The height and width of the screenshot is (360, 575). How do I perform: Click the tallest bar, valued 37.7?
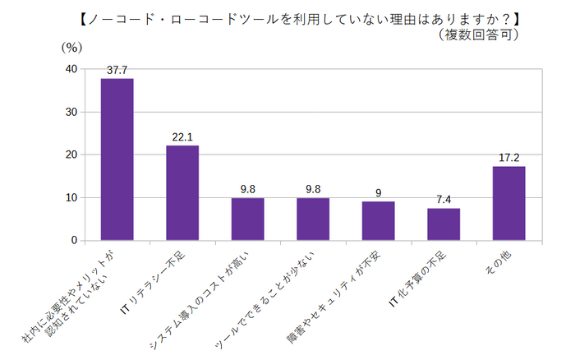pos(117,159)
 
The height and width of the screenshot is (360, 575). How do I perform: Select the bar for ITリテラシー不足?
pos(182,193)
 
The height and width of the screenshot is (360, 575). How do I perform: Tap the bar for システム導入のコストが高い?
pos(247,219)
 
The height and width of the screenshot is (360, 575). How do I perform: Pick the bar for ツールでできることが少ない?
pos(313,219)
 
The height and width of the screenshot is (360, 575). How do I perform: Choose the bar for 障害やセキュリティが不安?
pos(378,221)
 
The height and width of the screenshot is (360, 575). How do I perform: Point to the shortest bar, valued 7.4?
pos(444,224)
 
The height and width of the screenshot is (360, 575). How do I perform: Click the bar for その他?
pos(508,203)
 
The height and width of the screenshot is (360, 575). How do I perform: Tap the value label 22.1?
pos(182,137)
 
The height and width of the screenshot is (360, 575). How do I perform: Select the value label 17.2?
pos(508,158)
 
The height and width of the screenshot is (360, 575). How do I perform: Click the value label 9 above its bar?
pos(378,193)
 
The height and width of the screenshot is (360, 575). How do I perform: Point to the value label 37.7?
pos(117,70)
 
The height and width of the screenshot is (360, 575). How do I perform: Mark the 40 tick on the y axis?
pos(71,69)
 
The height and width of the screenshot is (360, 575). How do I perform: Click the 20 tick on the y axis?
pos(71,155)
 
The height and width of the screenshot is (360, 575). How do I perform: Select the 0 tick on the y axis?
pos(74,241)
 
